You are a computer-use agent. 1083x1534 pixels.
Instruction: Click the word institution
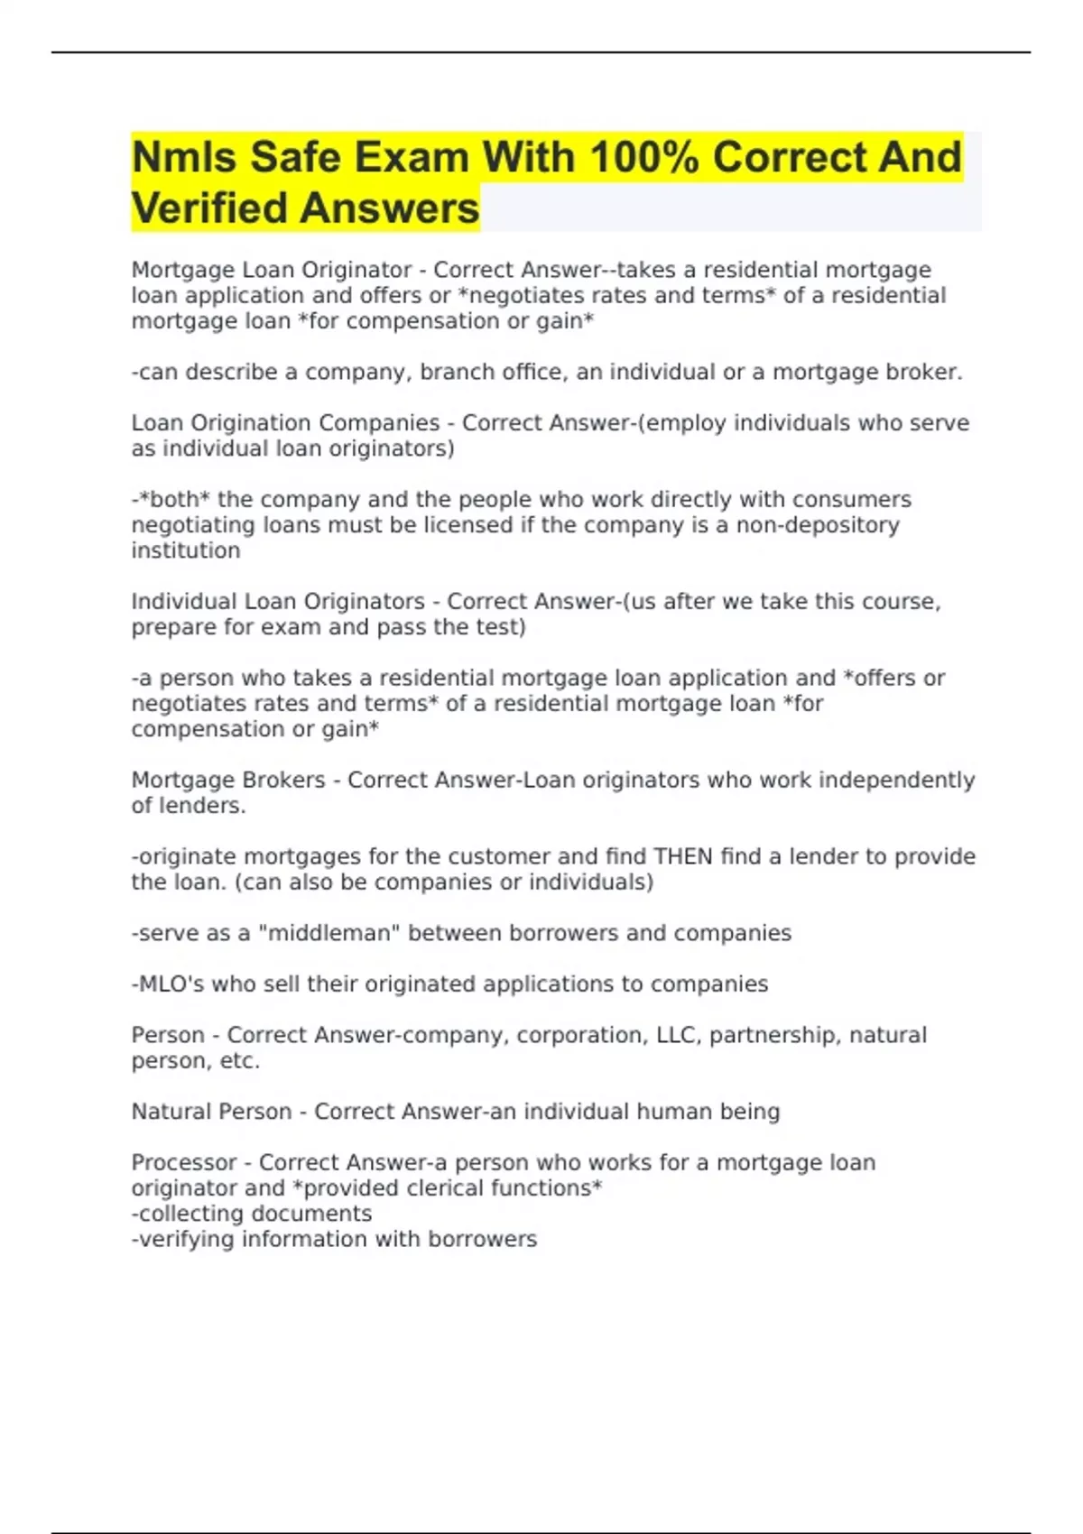[186, 550]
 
